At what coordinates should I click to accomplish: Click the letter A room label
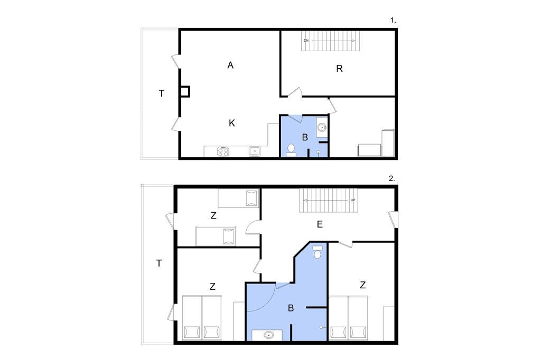click(230, 65)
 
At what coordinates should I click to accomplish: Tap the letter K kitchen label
click(232, 123)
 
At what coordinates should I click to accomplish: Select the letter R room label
click(339, 69)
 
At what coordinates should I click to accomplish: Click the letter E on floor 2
click(320, 224)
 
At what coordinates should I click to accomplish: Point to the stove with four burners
click(223, 151)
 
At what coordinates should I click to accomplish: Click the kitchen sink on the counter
click(255, 151)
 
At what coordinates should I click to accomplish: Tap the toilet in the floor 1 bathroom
click(291, 150)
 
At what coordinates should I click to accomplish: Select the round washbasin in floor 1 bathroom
click(322, 127)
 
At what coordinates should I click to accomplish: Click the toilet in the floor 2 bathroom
click(317, 252)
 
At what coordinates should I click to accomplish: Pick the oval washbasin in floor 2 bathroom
click(268, 335)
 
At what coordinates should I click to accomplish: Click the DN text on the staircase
click(306, 41)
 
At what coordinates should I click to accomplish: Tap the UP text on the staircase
click(352, 200)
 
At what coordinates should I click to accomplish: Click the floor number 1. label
click(393, 21)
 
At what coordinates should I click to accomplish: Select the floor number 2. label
click(391, 178)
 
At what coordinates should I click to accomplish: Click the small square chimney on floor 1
click(184, 92)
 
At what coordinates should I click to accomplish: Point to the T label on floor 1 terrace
click(162, 93)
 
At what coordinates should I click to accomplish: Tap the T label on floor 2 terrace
click(158, 263)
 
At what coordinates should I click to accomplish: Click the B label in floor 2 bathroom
click(291, 308)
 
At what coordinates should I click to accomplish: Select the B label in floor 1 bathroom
click(305, 137)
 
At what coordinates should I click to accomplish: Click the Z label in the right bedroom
click(362, 285)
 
